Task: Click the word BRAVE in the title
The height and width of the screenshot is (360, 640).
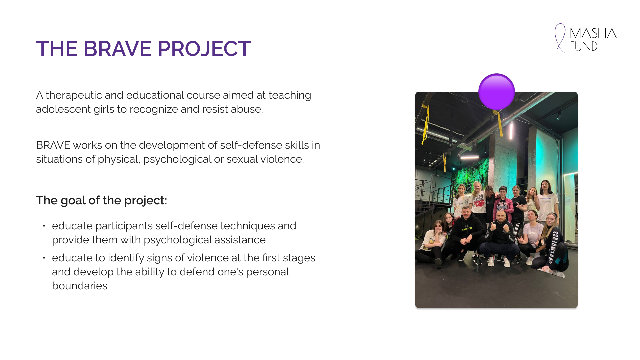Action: point(118,49)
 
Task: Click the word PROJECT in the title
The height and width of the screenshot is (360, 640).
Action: point(204,49)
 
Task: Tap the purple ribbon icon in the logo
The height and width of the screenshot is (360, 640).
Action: point(560,38)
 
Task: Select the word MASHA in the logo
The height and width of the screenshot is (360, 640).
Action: point(593,33)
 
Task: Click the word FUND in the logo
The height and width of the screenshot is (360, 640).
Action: point(584,46)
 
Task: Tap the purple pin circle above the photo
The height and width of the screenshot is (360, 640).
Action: point(497,92)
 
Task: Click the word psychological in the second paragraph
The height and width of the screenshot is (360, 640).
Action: point(177,159)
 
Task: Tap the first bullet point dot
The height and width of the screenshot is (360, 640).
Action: point(44,226)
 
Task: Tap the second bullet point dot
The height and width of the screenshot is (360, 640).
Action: point(44,258)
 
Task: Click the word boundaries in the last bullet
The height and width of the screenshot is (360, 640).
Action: point(80,286)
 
